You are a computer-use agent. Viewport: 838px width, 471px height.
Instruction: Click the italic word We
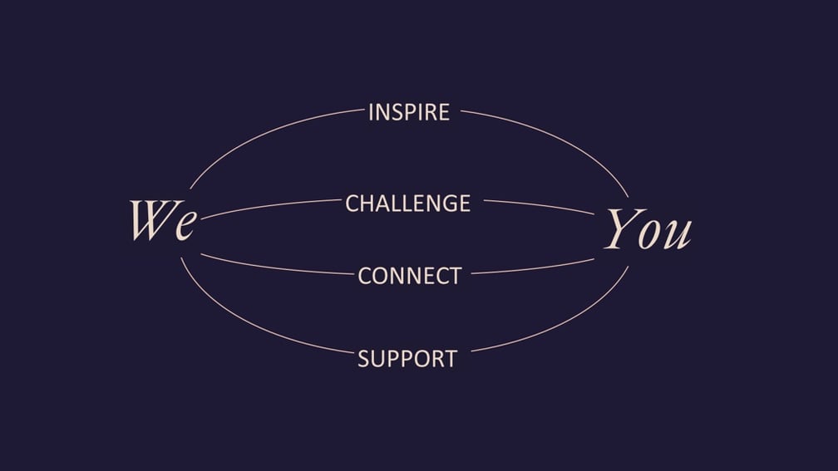click(164, 219)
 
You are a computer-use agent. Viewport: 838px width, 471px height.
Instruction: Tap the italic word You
click(648, 229)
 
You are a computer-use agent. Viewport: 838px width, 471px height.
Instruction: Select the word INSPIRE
click(409, 112)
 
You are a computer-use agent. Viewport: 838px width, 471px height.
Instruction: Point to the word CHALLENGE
click(407, 204)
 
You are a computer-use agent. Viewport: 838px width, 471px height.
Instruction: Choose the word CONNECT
click(409, 276)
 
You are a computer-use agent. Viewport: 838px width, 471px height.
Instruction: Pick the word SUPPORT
click(407, 358)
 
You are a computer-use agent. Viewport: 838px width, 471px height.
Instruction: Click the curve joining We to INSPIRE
click(267, 134)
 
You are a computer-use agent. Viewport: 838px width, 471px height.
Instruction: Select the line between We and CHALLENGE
click(270, 207)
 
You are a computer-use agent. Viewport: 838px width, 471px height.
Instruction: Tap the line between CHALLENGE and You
click(540, 206)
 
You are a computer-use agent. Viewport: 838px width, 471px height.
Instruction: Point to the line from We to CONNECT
click(275, 267)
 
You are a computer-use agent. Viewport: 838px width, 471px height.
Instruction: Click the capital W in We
click(152, 219)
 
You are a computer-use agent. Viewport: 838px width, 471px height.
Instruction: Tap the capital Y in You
click(622, 228)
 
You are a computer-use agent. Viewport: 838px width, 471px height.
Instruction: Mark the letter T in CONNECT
click(455, 276)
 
